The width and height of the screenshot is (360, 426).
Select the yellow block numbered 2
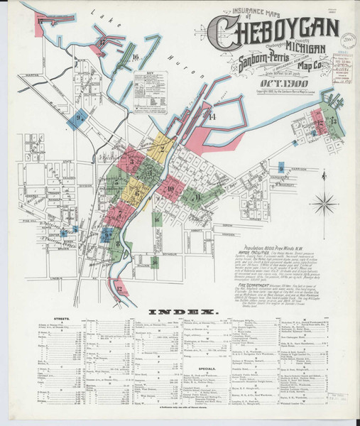[162, 149]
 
